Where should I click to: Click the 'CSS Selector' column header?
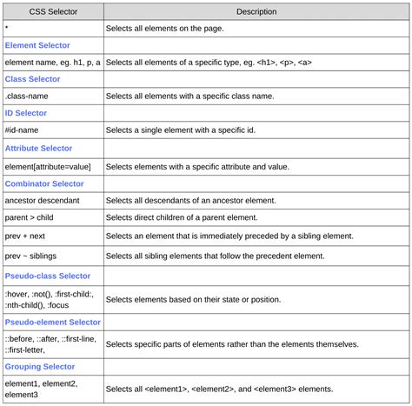coord(52,12)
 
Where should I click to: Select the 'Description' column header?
coord(256,12)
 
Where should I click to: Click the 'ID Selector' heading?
coord(26,113)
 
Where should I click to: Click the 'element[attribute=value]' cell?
coord(52,166)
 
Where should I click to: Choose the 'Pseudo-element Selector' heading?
coord(52,322)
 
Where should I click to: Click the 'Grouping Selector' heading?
coord(40,367)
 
